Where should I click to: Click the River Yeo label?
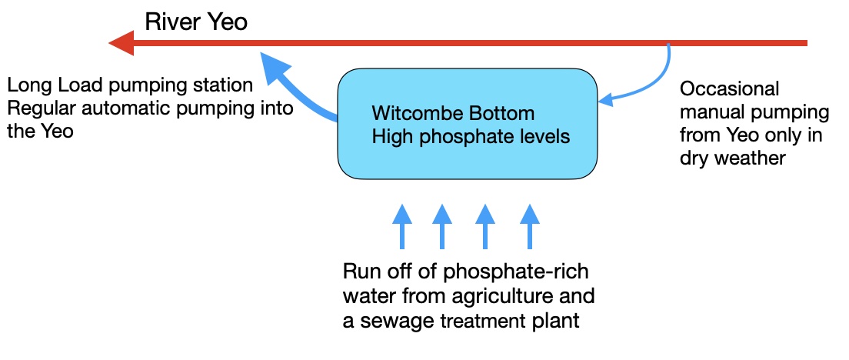(196, 22)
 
